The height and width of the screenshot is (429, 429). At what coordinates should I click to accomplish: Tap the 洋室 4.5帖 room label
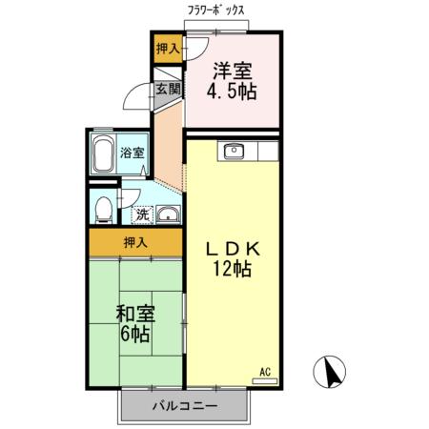[233, 81]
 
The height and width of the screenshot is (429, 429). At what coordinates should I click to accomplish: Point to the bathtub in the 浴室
[104, 153]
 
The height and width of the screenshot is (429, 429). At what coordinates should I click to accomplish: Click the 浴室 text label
[133, 153]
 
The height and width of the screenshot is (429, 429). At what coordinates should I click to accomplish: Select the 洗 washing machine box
[141, 214]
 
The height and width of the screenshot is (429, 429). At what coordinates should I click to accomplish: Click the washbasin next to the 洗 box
[168, 214]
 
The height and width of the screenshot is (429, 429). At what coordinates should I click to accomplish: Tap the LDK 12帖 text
[232, 258]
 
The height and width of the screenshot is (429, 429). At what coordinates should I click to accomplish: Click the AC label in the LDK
[266, 371]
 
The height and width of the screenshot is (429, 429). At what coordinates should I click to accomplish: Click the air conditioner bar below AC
[266, 380]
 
